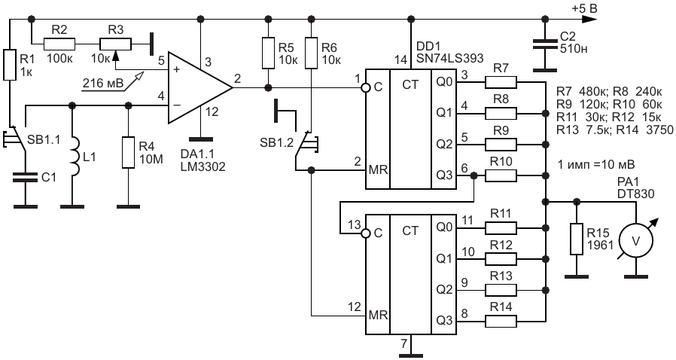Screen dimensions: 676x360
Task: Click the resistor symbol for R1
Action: coord(10,65)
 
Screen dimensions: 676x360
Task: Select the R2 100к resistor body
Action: coord(59,44)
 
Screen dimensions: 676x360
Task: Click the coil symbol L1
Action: coord(75,157)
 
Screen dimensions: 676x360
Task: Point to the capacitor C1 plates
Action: coord(26,177)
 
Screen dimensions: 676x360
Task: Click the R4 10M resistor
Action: coord(128,152)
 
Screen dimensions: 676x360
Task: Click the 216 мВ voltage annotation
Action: coord(102,82)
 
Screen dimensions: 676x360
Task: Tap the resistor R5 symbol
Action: coord(268,53)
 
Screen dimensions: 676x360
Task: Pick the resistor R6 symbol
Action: coord(311,53)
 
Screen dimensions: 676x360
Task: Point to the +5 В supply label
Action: coord(584,8)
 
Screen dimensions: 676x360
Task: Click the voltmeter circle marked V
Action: coord(636,241)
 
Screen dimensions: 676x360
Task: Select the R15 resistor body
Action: coord(577,239)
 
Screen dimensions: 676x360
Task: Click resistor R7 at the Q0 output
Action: coord(501,82)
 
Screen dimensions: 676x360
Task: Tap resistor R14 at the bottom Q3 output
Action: coord(501,321)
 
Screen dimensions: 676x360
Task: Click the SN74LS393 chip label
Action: coord(450,58)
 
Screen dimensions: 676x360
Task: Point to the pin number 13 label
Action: coord(355,224)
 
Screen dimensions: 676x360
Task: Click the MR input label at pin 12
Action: coord(378,315)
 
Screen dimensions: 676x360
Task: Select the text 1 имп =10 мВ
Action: coord(596,164)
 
